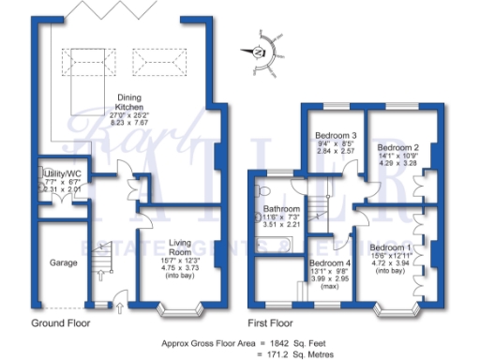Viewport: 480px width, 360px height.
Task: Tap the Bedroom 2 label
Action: [397, 147]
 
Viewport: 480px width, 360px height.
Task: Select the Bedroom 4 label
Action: [329, 262]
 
